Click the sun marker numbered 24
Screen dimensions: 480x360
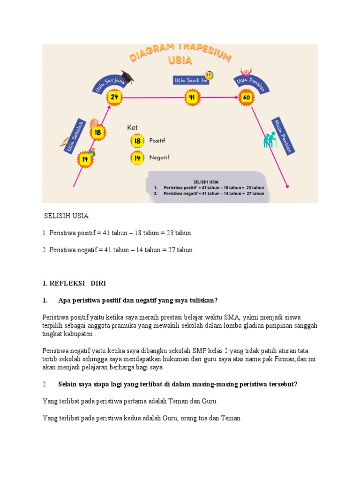[x=114, y=97]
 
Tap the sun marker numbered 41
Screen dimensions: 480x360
[x=192, y=97]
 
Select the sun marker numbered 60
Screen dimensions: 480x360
[x=247, y=97]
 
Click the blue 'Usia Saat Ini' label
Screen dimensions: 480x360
[x=190, y=80]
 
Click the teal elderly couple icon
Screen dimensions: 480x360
[x=270, y=140]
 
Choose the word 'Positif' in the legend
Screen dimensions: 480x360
[x=157, y=140]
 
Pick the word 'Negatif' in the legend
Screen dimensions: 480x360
[x=159, y=157]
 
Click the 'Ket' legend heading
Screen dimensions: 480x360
[x=133, y=127]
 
